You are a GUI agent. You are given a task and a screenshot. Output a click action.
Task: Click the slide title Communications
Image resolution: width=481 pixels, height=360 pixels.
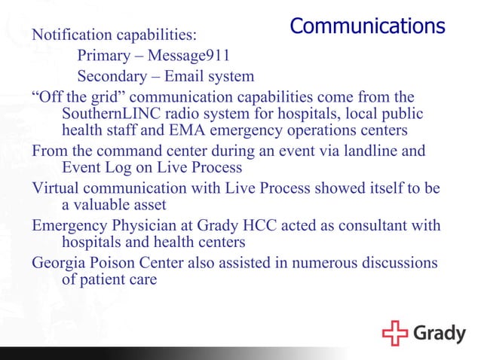pyautogui.click(x=367, y=26)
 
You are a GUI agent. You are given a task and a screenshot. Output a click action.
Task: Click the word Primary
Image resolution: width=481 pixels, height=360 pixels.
pyautogui.click(x=104, y=56)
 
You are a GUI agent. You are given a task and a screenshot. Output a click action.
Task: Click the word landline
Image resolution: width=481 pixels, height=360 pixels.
pyautogui.click(x=359, y=151)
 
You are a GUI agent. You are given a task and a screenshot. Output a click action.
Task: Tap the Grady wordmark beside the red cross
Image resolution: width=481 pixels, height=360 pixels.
pyautogui.click(x=439, y=332)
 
